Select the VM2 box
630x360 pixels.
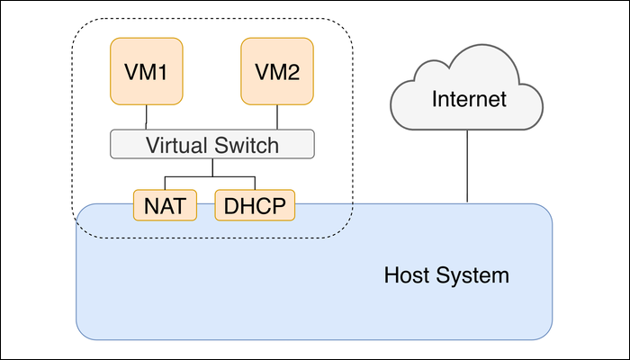point(276,70)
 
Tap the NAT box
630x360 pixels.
point(164,206)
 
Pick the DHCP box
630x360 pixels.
point(256,206)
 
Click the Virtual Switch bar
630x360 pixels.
point(212,144)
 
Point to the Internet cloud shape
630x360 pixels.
point(468,94)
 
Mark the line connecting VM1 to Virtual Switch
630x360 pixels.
point(146,117)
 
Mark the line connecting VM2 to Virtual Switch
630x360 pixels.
point(277,117)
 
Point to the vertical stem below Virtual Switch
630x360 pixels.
point(212,166)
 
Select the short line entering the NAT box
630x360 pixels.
point(164,183)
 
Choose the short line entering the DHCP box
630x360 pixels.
point(256,183)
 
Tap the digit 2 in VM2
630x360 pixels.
point(301,71)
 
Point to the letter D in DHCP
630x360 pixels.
point(229,206)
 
